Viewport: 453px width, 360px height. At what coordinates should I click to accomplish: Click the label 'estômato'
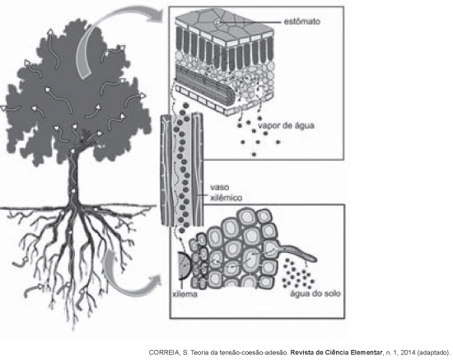click(x=302, y=21)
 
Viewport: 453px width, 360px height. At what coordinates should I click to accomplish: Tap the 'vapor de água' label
click(x=286, y=125)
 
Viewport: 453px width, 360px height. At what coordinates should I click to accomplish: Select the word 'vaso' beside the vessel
click(x=220, y=187)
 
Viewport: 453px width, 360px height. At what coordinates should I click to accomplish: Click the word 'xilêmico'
click(x=226, y=198)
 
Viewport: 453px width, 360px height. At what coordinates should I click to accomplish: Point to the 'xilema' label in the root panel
click(x=184, y=294)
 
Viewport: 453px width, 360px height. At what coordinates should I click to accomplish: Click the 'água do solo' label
click(x=315, y=293)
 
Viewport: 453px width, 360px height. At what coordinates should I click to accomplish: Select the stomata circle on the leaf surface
click(x=217, y=22)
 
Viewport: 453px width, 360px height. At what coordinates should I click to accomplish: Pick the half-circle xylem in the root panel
click(x=184, y=265)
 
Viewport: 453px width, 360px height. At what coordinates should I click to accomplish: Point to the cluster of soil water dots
click(x=297, y=274)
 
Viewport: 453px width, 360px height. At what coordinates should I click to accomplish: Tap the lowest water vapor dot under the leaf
click(x=254, y=155)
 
